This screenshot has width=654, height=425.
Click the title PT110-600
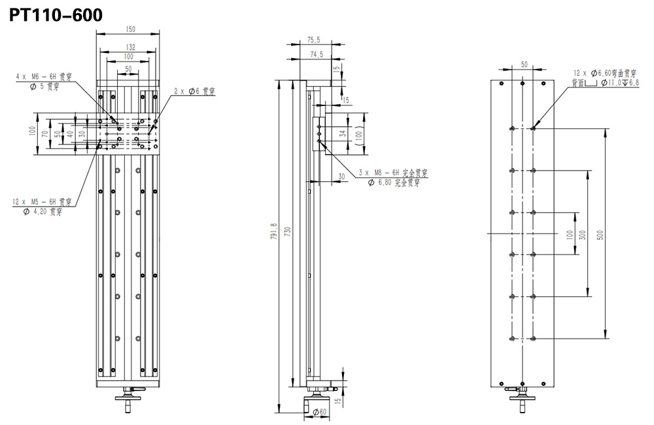(56, 14)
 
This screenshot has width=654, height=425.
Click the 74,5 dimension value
(317, 55)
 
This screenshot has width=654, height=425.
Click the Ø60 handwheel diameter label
(319, 412)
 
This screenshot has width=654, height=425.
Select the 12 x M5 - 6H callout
(42, 202)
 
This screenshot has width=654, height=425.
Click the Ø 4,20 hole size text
(46, 212)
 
